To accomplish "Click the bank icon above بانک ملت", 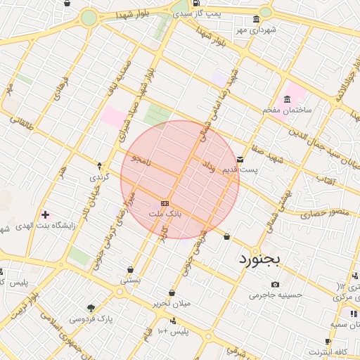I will coord(165,202).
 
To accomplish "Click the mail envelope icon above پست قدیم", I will coord(240,160).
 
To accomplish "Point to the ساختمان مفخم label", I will coord(287,110).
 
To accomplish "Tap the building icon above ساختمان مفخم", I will coord(287,99).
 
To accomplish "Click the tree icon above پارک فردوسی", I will coord(91,308).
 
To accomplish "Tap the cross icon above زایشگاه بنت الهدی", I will coord(46,214).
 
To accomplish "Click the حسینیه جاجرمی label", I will coord(275,295).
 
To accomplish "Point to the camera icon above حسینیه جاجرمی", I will coord(275,284).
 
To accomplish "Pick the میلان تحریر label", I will coord(172,304).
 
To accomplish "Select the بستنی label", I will coord(131,280).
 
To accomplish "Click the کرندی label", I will coord(99,178).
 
